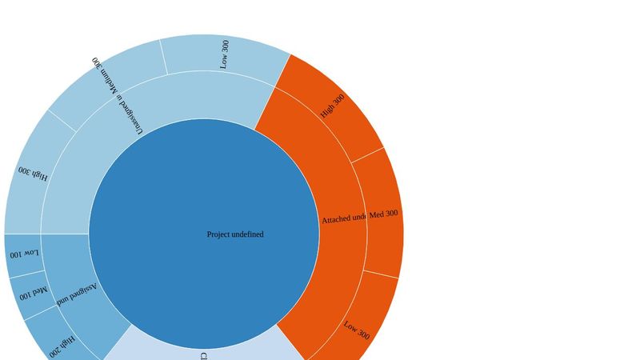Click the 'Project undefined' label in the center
tap(235, 234)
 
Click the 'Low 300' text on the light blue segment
tap(225, 54)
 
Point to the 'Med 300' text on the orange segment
tap(383, 214)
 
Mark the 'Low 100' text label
tap(23, 254)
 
